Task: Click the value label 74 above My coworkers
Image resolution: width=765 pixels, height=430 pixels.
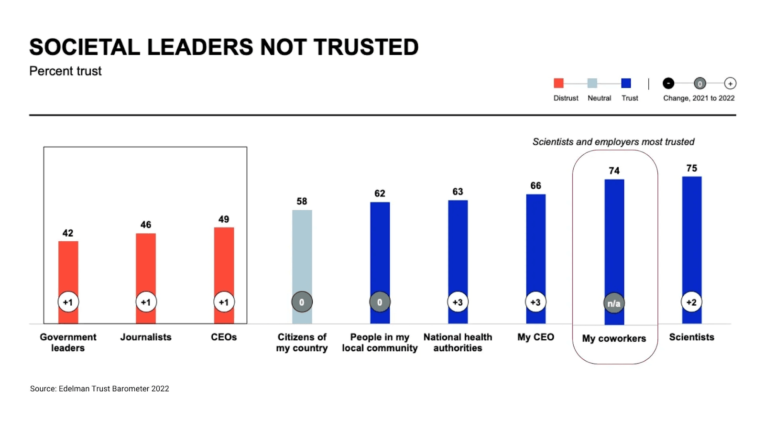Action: (x=614, y=171)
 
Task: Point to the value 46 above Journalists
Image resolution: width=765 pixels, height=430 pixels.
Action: (x=146, y=225)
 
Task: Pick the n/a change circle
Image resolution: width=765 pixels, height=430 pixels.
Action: (x=614, y=303)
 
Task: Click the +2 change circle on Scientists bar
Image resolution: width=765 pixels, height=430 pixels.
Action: (x=691, y=302)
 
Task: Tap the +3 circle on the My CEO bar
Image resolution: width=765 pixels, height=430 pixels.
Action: (x=535, y=302)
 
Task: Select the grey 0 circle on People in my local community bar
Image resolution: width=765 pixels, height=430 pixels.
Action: (x=380, y=302)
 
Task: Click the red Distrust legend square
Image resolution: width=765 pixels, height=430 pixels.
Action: (x=558, y=83)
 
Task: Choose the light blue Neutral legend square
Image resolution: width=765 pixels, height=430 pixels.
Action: (x=592, y=83)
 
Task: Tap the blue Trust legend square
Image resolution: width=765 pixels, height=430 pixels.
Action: (x=626, y=83)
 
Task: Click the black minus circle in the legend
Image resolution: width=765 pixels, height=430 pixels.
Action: (x=668, y=83)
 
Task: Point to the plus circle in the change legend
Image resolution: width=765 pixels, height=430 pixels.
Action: (x=730, y=83)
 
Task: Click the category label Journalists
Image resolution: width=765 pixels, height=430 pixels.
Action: (x=146, y=337)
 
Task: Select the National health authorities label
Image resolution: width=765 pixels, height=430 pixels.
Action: (x=458, y=343)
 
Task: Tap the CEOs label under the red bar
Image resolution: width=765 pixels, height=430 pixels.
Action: (x=224, y=337)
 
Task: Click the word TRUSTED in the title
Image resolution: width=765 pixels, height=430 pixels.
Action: (x=366, y=47)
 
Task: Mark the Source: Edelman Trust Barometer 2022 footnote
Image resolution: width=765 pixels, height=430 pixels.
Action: (x=99, y=388)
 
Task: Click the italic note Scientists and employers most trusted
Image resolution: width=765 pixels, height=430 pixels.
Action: (x=613, y=142)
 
